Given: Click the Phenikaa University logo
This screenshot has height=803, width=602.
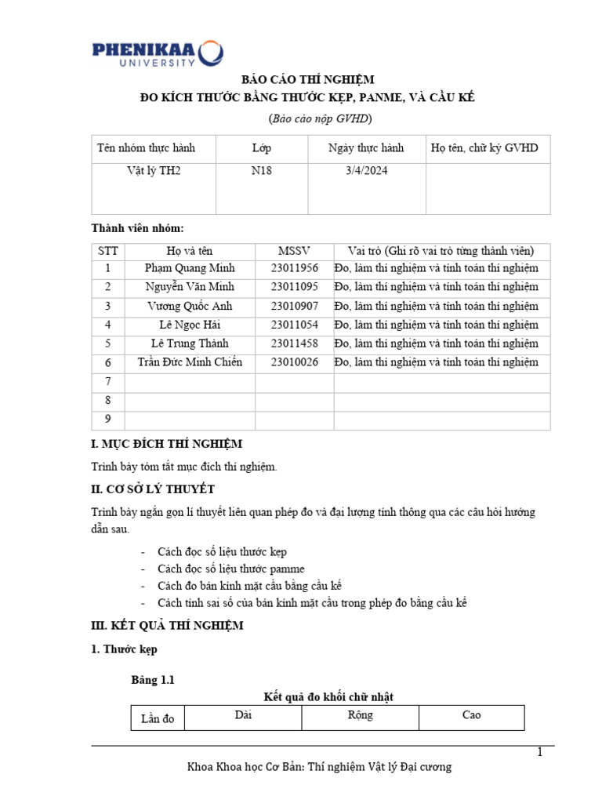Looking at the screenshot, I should coord(157,53).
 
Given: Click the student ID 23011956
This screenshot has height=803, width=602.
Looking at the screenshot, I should coord(294,268).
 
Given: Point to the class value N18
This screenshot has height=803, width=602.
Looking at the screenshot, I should coord(261,170).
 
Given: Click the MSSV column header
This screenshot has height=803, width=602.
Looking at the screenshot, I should coord(294,251).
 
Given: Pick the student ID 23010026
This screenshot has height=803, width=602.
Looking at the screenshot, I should coord(294,362).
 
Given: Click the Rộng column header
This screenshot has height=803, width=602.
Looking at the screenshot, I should coord(360,715).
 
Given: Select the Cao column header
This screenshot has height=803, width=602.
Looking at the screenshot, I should coord(471,715).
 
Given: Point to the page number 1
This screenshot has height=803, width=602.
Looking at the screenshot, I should coord(539,753).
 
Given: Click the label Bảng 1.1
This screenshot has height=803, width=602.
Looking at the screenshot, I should coord(152,680).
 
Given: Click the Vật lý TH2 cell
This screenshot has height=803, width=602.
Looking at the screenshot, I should coord(154,170).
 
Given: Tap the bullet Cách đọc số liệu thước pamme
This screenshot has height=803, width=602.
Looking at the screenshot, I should coord(230,569).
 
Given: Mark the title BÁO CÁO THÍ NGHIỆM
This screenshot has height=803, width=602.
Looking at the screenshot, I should coord(301,79).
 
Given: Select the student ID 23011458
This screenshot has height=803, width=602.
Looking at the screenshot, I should coord(294,343).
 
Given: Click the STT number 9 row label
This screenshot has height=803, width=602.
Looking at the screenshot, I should coord(107,419).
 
